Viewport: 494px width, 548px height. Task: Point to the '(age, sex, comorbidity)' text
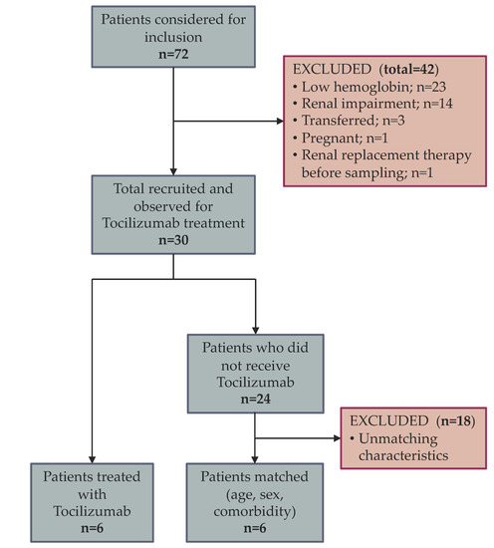click(x=257, y=499)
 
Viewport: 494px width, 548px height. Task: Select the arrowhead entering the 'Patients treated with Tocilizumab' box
click(x=93, y=458)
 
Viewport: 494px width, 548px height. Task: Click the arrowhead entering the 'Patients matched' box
click(x=257, y=458)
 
